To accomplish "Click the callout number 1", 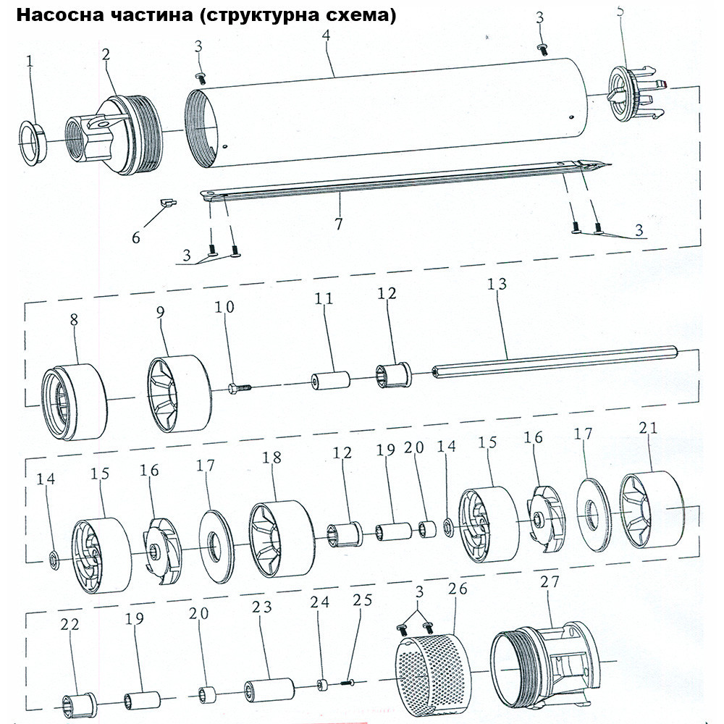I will point(30,63).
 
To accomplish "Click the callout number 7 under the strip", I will point(339,223).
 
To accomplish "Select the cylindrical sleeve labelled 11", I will point(330,380).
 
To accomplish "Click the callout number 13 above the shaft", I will point(497,285).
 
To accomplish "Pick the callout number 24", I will point(319,602).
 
